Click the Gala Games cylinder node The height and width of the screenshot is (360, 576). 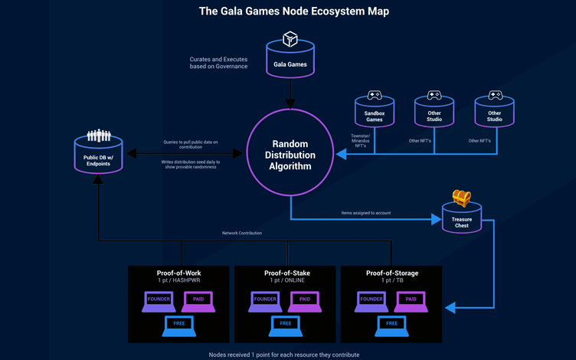[x=290, y=61]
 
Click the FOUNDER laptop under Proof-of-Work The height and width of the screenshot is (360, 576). [x=159, y=301]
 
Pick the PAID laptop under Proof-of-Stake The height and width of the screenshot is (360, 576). [x=304, y=301]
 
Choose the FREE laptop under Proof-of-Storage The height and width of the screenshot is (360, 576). [x=391, y=325]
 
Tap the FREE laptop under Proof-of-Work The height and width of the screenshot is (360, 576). [x=178, y=325]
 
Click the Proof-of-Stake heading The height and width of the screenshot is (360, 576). [x=287, y=273]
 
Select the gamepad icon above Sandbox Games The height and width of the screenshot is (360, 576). [x=374, y=96]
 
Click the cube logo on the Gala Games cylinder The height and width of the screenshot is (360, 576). [x=290, y=38]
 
